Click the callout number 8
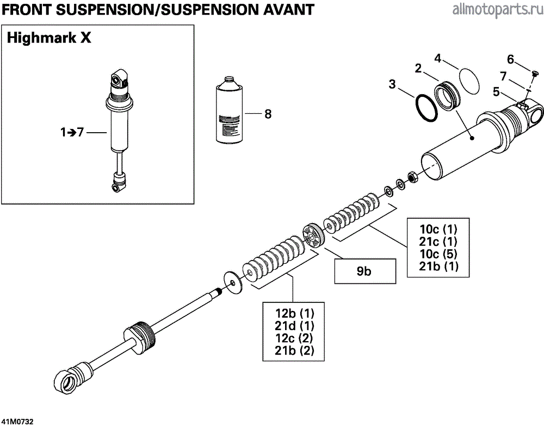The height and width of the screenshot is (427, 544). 267,114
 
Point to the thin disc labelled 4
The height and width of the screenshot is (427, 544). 467,79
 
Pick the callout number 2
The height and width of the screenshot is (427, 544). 418,69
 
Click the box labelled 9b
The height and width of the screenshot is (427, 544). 363,271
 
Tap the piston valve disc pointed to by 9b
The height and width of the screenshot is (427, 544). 313,237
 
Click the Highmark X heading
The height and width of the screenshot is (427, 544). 50,39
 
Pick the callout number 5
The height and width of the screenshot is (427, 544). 496,92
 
